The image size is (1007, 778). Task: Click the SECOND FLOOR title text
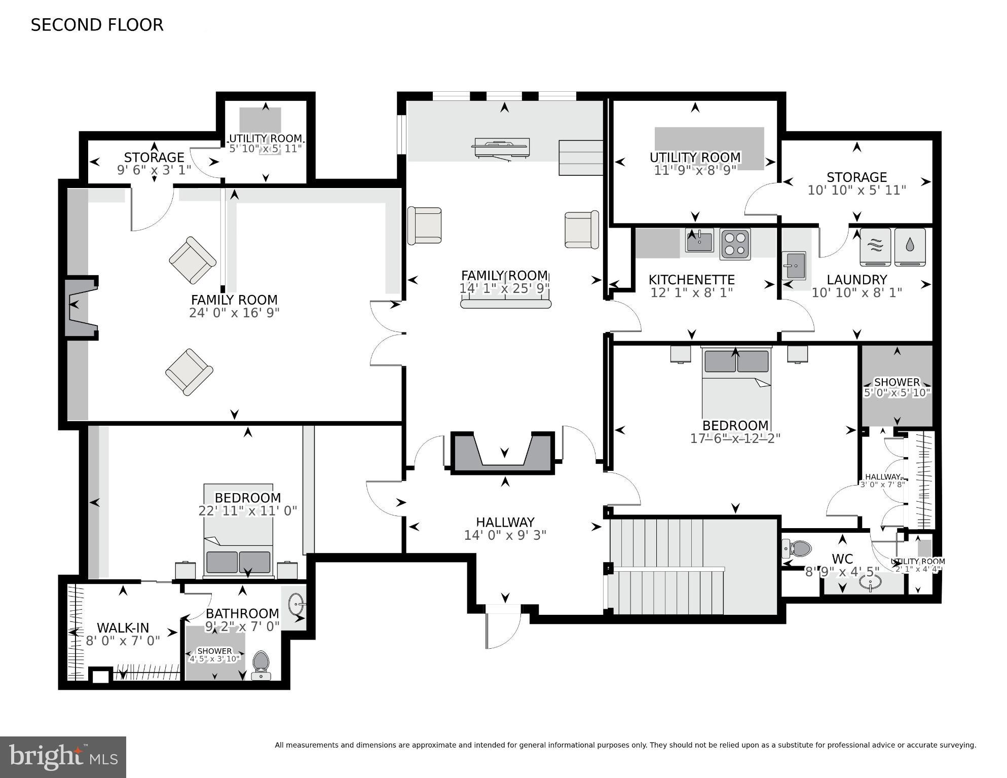coord(97,25)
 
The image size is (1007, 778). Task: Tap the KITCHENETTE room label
coord(691,280)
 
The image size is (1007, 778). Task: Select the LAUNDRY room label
coord(856,280)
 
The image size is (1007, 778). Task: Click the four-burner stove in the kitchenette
coord(735,244)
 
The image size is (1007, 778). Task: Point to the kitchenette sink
coord(699,240)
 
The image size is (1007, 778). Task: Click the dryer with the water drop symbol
coord(910,247)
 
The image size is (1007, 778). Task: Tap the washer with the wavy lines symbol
coord(876,247)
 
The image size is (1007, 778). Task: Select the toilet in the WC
coord(796,548)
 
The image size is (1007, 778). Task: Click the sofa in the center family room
coord(505,303)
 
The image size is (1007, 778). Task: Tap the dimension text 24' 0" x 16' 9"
coord(234,313)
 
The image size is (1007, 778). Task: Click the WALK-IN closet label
coord(123,628)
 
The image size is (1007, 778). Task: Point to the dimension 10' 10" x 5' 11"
coord(856,190)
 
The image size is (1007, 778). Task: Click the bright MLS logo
coord(63,757)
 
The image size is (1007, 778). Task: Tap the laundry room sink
coord(794,266)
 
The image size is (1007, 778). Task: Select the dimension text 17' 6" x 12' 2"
coord(735,438)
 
